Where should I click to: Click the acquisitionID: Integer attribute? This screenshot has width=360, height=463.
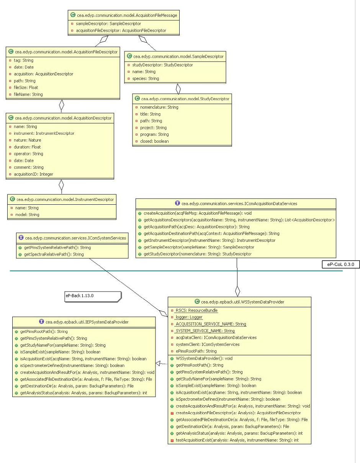pos(34,174)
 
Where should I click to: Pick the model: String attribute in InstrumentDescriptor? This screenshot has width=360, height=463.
pos(27,215)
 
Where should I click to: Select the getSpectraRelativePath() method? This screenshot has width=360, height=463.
pos(54,254)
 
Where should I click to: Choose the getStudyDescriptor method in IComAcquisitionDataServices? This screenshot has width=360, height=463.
pos(197,254)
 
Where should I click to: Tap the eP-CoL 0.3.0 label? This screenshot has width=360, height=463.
pos(341,264)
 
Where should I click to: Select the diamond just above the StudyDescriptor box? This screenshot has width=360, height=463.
pos(177,89)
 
